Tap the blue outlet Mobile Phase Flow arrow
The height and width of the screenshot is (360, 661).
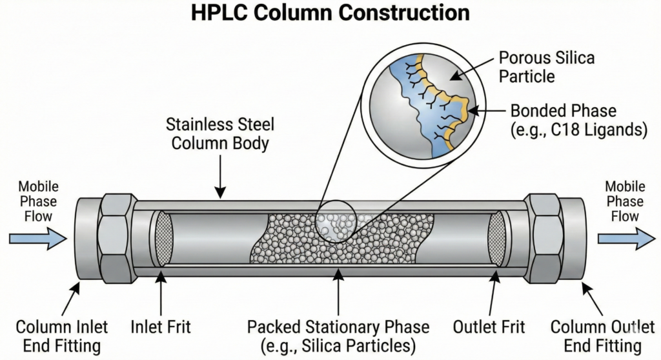pyautogui.click(x=625, y=239)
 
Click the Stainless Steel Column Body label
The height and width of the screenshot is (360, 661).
pyautogui.click(x=219, y=133)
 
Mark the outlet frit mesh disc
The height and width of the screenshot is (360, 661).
pyautogui.click(x=496, y=238)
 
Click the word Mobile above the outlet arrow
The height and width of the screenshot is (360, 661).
pyautogui.click(x=625, y=186)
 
